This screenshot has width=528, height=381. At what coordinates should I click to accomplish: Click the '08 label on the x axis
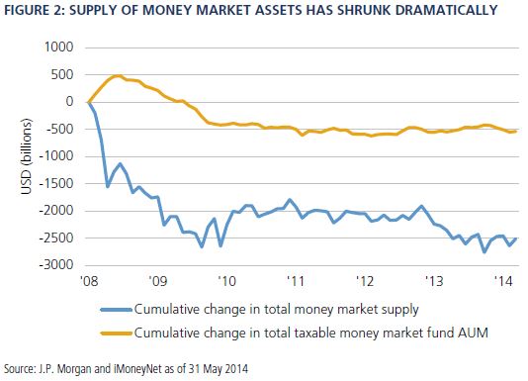pyautogui.click(x=88, y=280)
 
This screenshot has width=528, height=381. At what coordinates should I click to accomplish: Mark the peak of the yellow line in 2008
pyautogui.click(x=117, y=75)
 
